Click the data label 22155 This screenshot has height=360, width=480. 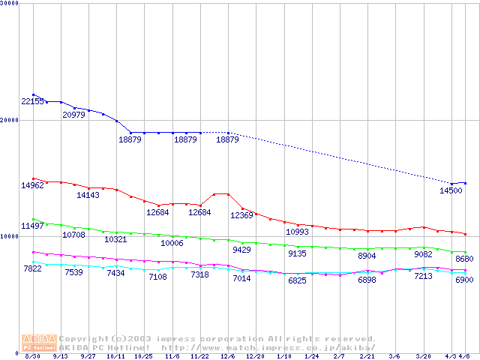(x=33, y=101)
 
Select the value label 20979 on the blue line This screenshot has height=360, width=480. (x=73, y=115)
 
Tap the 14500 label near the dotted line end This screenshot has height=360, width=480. (x=451, y=191)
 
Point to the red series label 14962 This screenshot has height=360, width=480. (x=33, y=185)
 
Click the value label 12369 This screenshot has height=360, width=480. (x=241, y=215)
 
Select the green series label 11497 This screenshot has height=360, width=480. (x=33, y=226)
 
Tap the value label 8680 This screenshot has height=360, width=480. (x=466, y=259)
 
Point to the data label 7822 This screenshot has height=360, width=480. (x=33, y=268)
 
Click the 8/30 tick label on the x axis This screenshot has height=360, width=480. (x=32, y=356)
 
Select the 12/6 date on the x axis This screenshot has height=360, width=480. (x=228, y=356)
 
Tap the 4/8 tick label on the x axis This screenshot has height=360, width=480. (x=465, y=356)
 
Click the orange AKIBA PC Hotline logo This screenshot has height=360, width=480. (x=40, y=342)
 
